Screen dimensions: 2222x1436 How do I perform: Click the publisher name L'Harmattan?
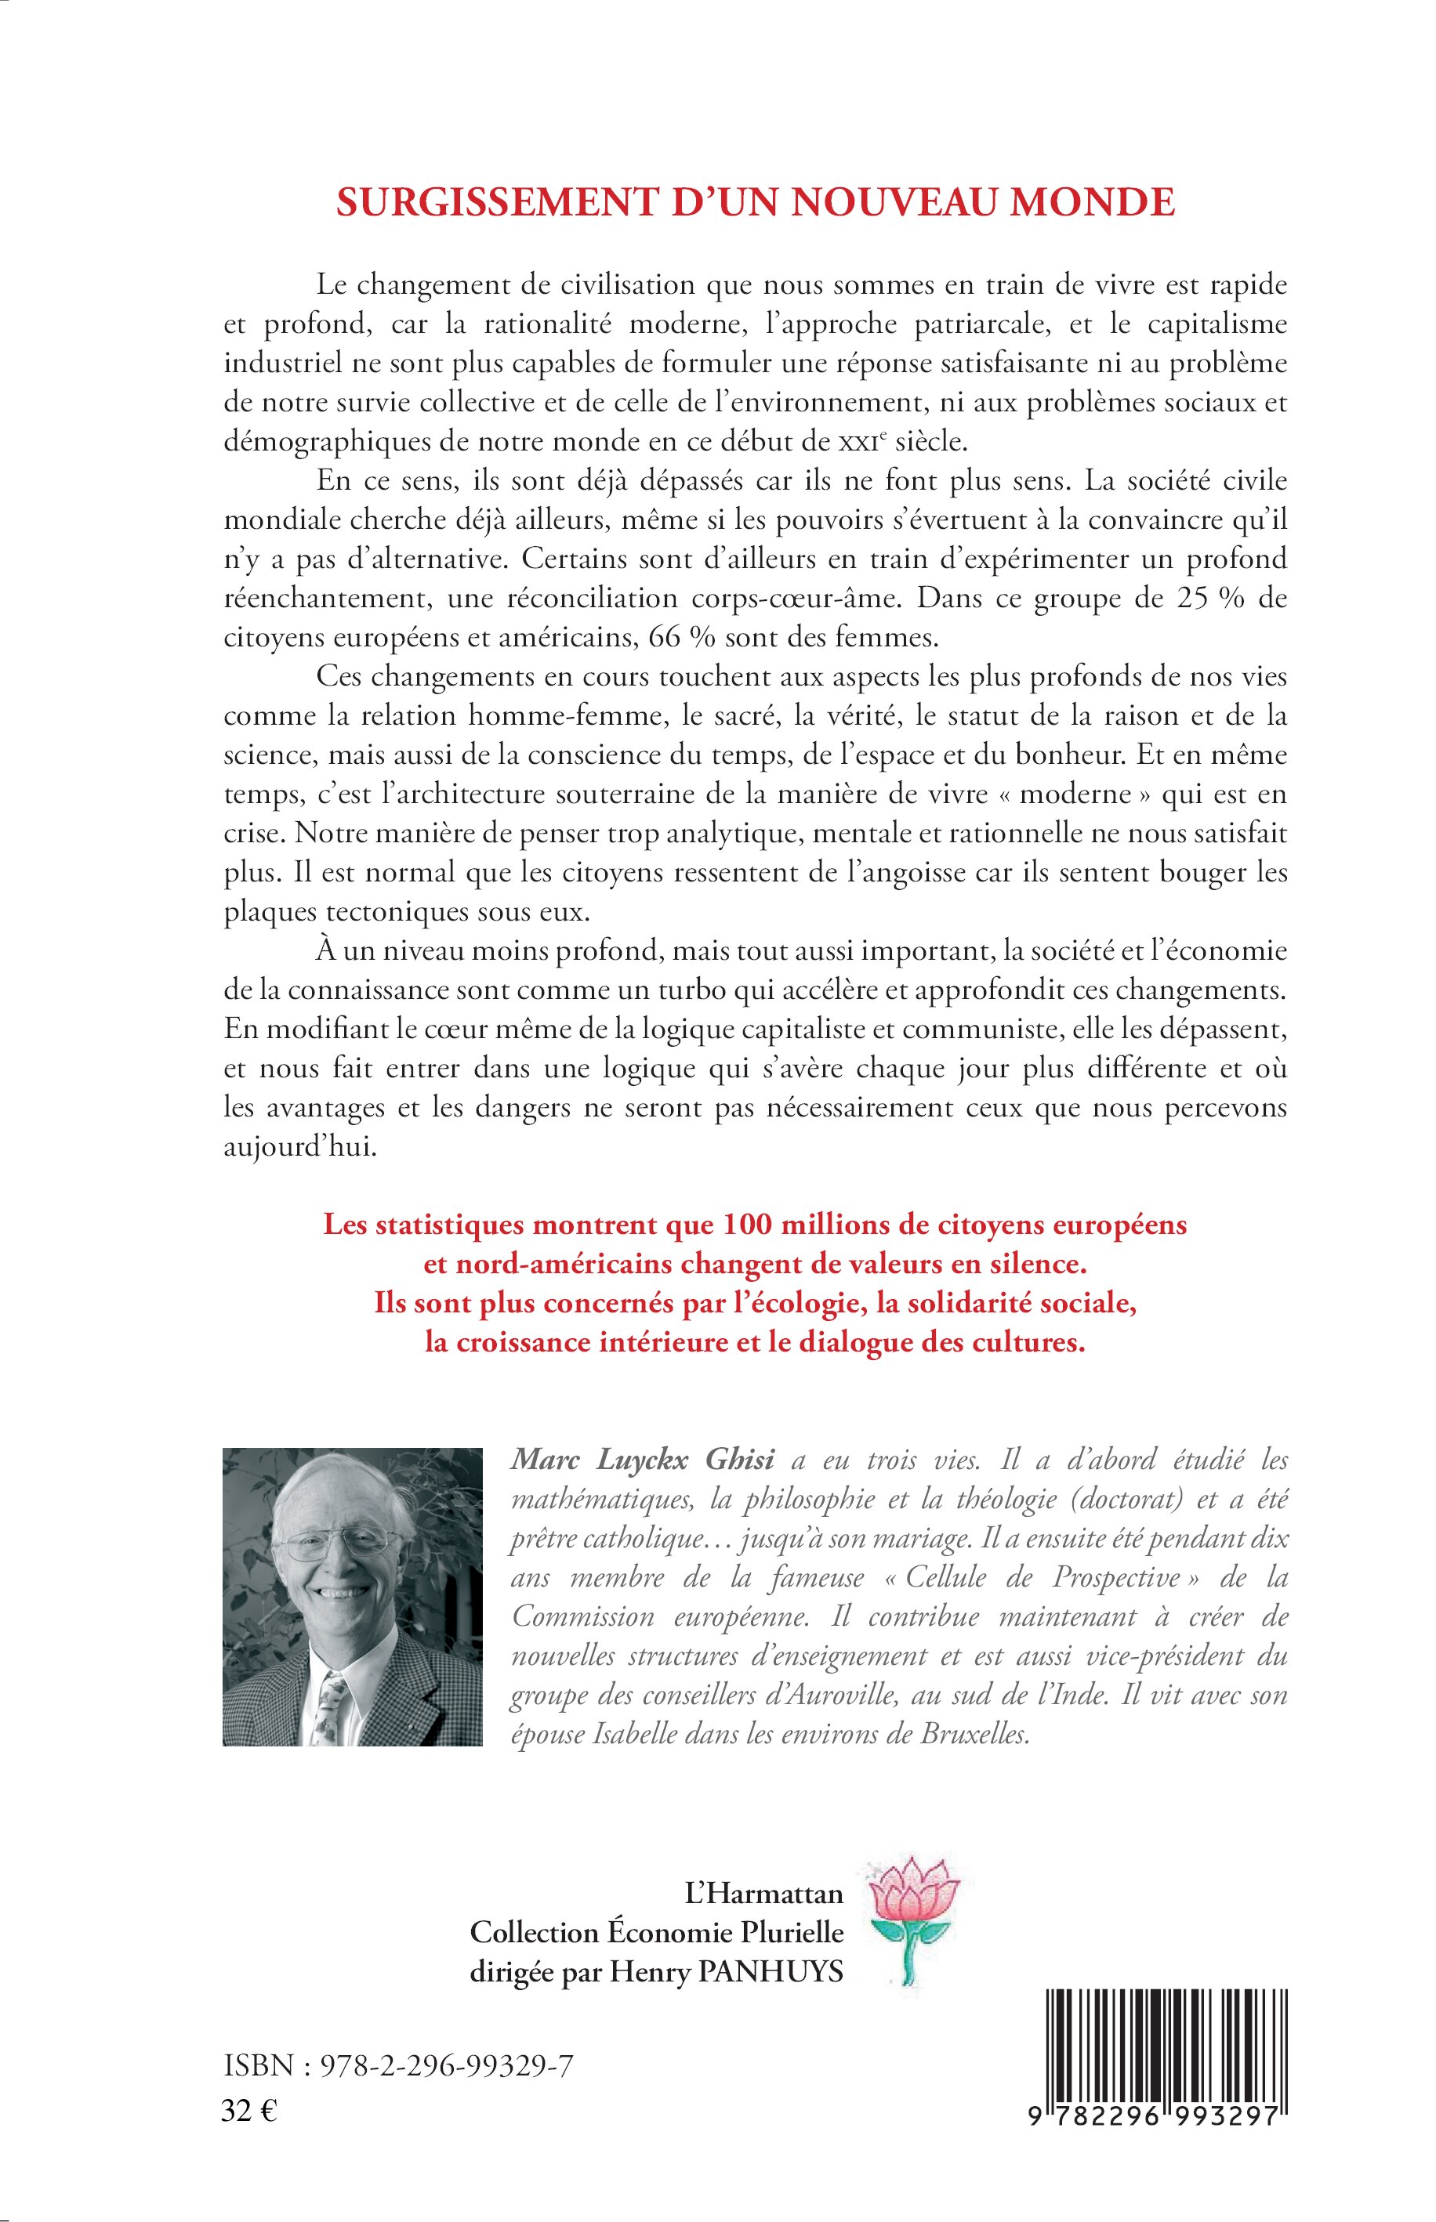click(x=763, y=1893)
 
